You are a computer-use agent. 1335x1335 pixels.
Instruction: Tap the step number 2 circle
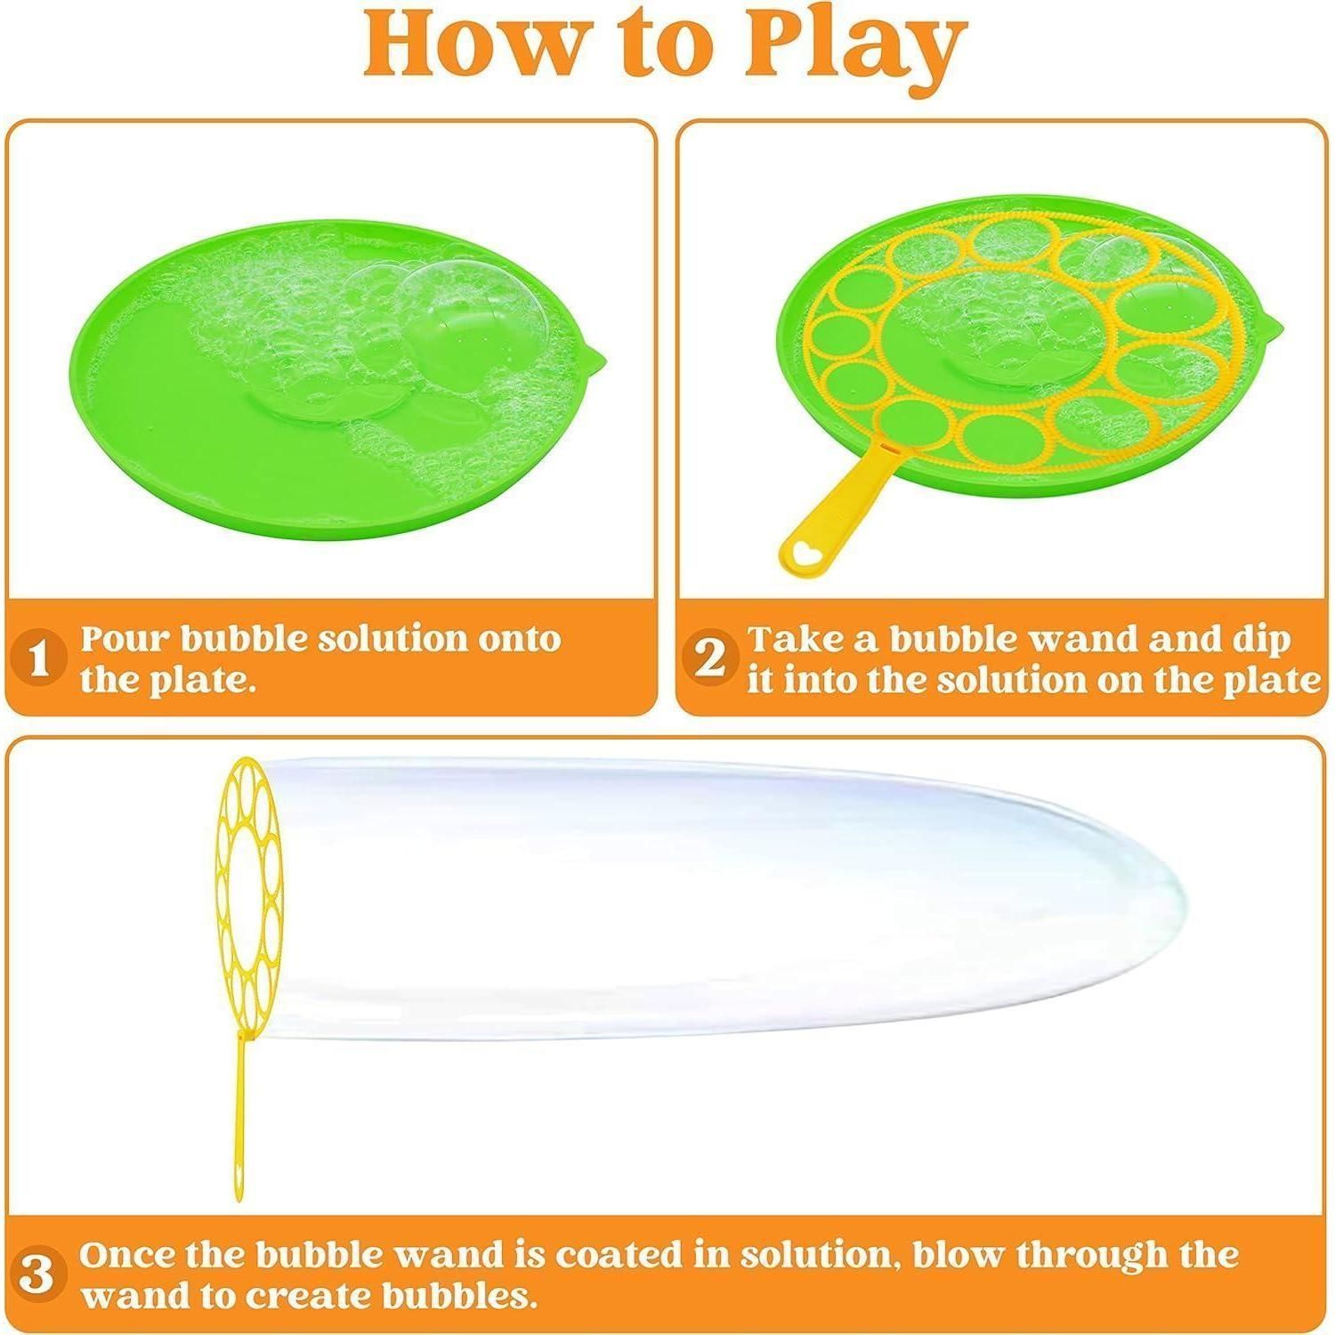point(709,659)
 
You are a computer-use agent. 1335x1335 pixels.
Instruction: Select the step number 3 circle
point(36,1275)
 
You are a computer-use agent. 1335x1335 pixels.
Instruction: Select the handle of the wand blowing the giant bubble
point(241,1117)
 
